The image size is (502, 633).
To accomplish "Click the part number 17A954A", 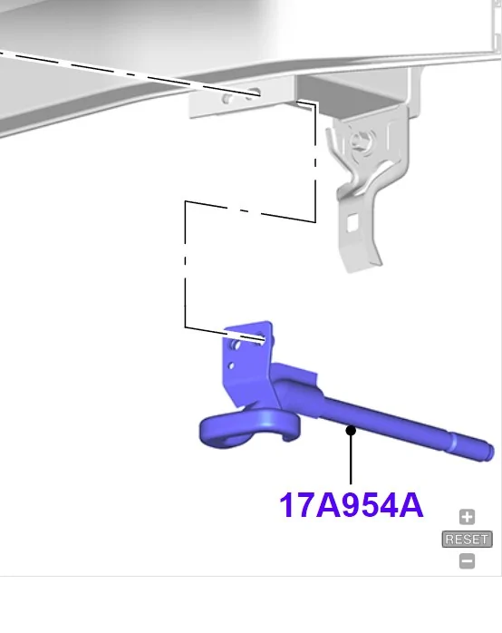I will (x=351, y=505).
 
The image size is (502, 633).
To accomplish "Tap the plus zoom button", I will (x=467, y=518).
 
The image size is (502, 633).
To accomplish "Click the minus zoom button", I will (x=467, y=560).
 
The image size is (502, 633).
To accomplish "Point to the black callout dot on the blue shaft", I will (x=351, y=431).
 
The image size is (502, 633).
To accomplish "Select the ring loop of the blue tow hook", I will (x=242, y=429).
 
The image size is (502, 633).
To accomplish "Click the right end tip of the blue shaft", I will (x=487, y=449).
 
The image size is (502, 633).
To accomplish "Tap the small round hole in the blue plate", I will (x=233, y=366).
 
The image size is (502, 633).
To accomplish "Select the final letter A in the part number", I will (x=410, y=505).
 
